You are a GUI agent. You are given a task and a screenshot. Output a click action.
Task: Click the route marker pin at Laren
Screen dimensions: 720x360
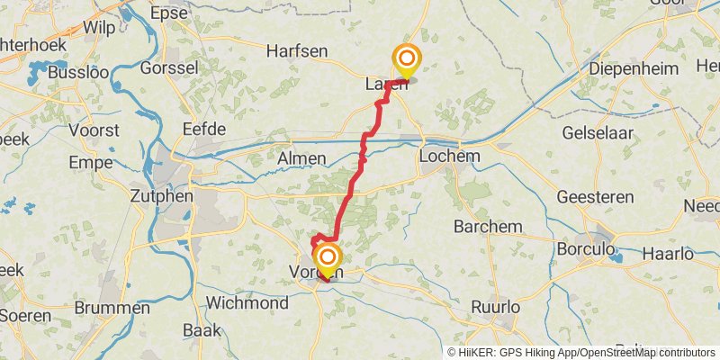(406, 61)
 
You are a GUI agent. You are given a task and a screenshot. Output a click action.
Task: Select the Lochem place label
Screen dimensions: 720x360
(450, 157)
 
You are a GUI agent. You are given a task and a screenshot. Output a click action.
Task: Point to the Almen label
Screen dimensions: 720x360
(301, 158)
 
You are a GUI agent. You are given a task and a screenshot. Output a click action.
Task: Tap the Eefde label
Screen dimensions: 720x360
(203, 130)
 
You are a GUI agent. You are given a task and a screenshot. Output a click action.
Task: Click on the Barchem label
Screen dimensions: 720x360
(488, 225)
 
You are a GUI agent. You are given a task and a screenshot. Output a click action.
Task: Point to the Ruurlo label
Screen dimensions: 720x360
(497, 307)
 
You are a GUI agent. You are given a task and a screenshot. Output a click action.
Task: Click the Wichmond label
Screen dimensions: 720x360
(247, 301)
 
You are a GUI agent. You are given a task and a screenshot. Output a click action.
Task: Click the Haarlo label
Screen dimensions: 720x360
(668, 254)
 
